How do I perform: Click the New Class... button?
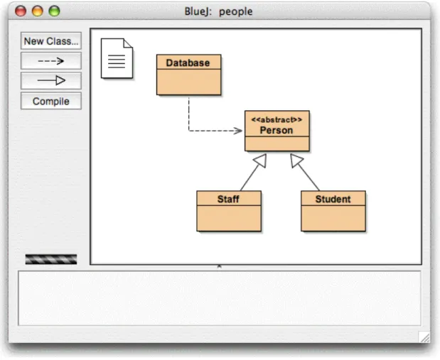pyautogui.click(x=51, y=41)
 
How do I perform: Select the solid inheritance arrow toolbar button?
pyautogui.click(x=51, y=81)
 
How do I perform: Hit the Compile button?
pyautogui.click(x=51, y=101)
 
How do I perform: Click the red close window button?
pyautogui.click(x=21, y=11)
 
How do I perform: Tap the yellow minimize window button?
pyautogui.click(x=38, y=11)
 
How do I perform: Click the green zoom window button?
pyautogui.click(x=54, y=11)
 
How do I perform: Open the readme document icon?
pyautogui.click(x=117, y=58)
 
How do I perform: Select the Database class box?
pyautogui.click(x=189, y=75)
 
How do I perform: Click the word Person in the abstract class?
pyautogui.click(x=277, y=131)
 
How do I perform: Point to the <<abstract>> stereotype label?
pyautogui.click(x=277, y=120)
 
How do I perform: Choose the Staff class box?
pyautogui.click(x=229, y=211)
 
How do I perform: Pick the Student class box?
pyautogui.click(x=333, y=211)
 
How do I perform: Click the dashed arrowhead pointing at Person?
pyautogui.click(x=239, y=131)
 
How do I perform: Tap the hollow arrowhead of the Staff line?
pyautogui.click(x=261, y=160)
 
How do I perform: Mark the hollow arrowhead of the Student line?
pyautogui.click(x=296, y=160)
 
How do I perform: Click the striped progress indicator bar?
pyautogui.click(x=51, y=259)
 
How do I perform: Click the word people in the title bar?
pyautogui.click(x=236, y=12)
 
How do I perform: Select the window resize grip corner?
pyautogui.click(x=424, y=337)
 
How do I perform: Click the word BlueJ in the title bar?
pyautogui.click(x=198, y=11)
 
